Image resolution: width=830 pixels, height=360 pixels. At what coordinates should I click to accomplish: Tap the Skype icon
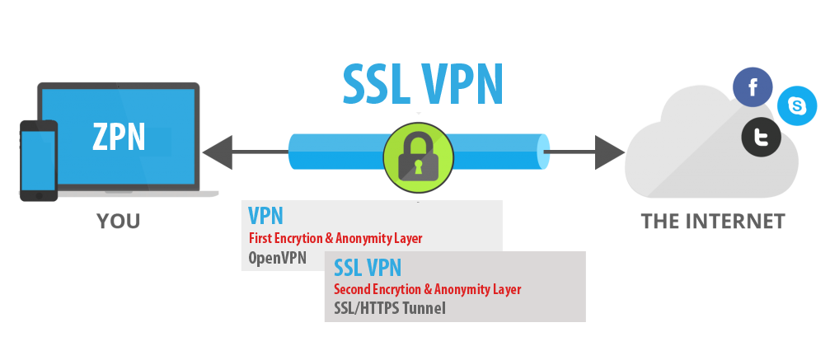click(x=797, y=106)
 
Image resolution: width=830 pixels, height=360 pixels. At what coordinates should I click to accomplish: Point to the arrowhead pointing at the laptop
click(x=216, y=152)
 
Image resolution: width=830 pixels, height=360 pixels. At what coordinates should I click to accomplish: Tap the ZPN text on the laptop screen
click(x=119, y=136)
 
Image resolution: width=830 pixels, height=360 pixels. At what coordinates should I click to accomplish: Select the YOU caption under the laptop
click(x=118, y=222)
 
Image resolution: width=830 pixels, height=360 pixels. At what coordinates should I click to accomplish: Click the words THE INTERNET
click(x=713, y=222)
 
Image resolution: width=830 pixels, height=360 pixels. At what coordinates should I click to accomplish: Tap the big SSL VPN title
click(x=422, y=84)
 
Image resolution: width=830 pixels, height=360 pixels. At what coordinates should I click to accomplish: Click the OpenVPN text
click(x=277, y=258)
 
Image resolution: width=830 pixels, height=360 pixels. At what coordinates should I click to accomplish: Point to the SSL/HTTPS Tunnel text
click(x=389, y=308)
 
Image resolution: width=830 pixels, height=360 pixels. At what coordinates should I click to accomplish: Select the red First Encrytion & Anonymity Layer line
click(x=335, y=238)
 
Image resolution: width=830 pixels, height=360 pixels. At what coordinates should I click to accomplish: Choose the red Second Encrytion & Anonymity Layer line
click(x=427, y=289)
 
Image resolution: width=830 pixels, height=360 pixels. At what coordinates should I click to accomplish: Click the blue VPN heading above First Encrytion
click(x=265, y=217)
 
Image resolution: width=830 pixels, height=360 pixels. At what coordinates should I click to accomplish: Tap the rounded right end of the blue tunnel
click(x=543, y=152)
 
